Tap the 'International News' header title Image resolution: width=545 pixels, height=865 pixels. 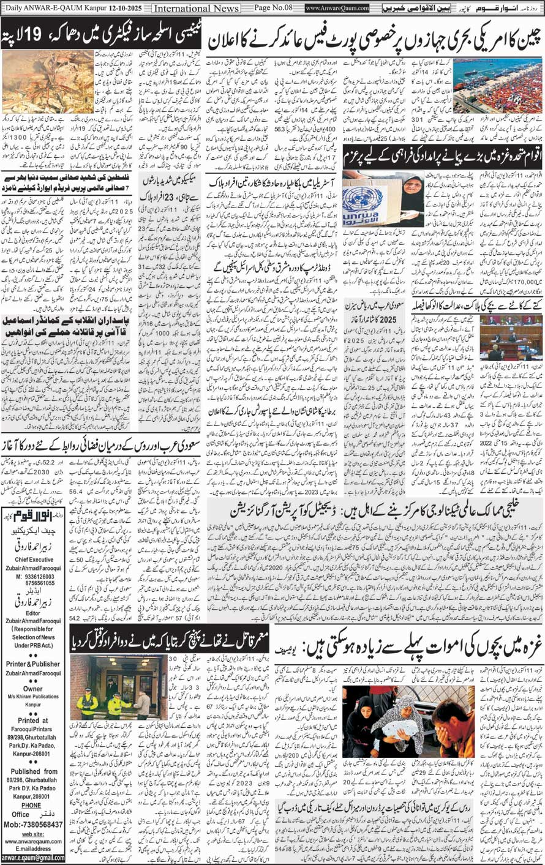(195, 8)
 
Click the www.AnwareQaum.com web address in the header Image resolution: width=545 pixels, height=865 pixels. (337, 8)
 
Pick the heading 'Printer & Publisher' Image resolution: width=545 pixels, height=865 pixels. (34, 664)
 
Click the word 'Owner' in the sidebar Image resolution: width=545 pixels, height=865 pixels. (33, 689)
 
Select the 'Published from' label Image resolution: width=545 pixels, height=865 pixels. (33, 771)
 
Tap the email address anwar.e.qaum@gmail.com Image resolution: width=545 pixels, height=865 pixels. (33, 858)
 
